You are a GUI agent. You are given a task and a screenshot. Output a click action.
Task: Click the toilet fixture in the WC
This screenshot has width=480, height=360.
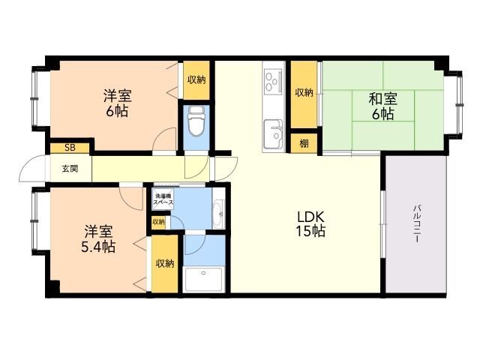coord(196,121)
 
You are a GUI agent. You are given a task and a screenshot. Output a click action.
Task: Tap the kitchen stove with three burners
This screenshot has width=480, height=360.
coord(273,81)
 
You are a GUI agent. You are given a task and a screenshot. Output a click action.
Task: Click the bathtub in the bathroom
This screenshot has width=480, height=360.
coord(204,280)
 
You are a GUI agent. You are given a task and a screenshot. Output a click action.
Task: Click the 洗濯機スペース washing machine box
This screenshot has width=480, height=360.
coord(163,199)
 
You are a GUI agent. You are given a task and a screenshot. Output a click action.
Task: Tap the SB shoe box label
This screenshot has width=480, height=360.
coord(70,148)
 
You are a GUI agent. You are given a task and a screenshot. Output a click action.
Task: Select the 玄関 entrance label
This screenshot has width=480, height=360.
coord(70,168)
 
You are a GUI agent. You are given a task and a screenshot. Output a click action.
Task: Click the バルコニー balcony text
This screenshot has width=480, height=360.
coord(416,223)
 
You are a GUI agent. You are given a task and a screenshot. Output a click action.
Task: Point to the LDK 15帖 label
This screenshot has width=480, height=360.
coord(310,224)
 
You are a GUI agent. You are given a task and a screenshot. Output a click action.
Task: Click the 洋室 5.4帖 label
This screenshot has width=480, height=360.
coord(98,238)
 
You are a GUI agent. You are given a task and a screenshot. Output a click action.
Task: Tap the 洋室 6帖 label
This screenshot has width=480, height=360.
coord(117,103)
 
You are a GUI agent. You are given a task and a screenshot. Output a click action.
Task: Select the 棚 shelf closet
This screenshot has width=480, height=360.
coord(304,143)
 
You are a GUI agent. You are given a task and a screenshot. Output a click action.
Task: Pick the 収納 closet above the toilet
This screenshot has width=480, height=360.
coord(196,80)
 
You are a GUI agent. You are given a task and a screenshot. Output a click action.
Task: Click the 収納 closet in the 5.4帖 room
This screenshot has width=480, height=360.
coord(165,263)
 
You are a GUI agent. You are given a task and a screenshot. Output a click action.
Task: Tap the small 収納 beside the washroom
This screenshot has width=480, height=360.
coord(158,222)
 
